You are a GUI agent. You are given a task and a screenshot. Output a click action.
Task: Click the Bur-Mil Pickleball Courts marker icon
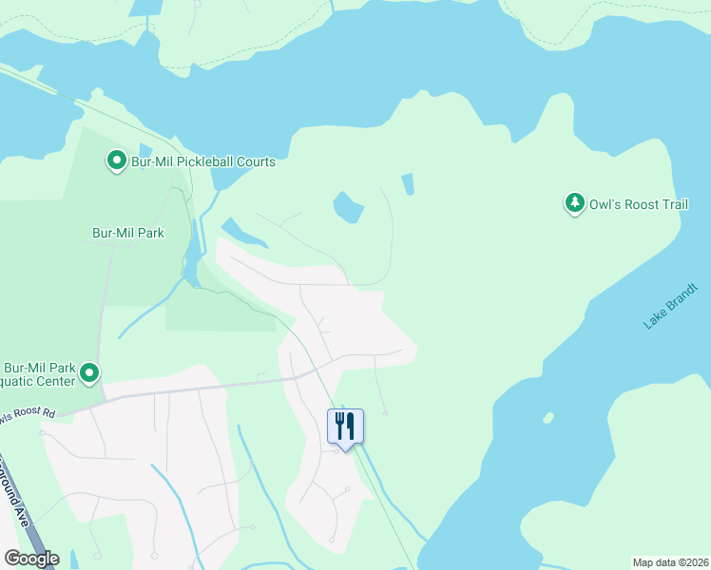pos(116,161)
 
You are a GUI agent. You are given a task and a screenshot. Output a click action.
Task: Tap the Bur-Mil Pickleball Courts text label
pos(203,161)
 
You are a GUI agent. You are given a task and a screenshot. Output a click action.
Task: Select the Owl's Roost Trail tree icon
pos(574,203)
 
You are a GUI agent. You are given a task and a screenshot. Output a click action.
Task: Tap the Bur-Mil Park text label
pos(127,233)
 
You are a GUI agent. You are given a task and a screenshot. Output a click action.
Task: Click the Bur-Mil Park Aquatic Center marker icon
pos(89,372)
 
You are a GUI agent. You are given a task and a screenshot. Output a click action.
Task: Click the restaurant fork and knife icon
pos(345,425)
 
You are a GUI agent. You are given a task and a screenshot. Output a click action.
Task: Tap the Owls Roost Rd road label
pos(28,415)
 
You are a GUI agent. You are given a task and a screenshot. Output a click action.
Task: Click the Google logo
pos(31,558)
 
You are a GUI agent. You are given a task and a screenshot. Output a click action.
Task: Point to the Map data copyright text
pos(671,562)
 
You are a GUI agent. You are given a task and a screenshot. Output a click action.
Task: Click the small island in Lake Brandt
pos(548,417)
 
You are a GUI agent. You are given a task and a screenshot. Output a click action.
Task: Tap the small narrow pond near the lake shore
pos(408,183)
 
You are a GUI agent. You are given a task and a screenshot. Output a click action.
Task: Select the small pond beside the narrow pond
pos(348,206)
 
